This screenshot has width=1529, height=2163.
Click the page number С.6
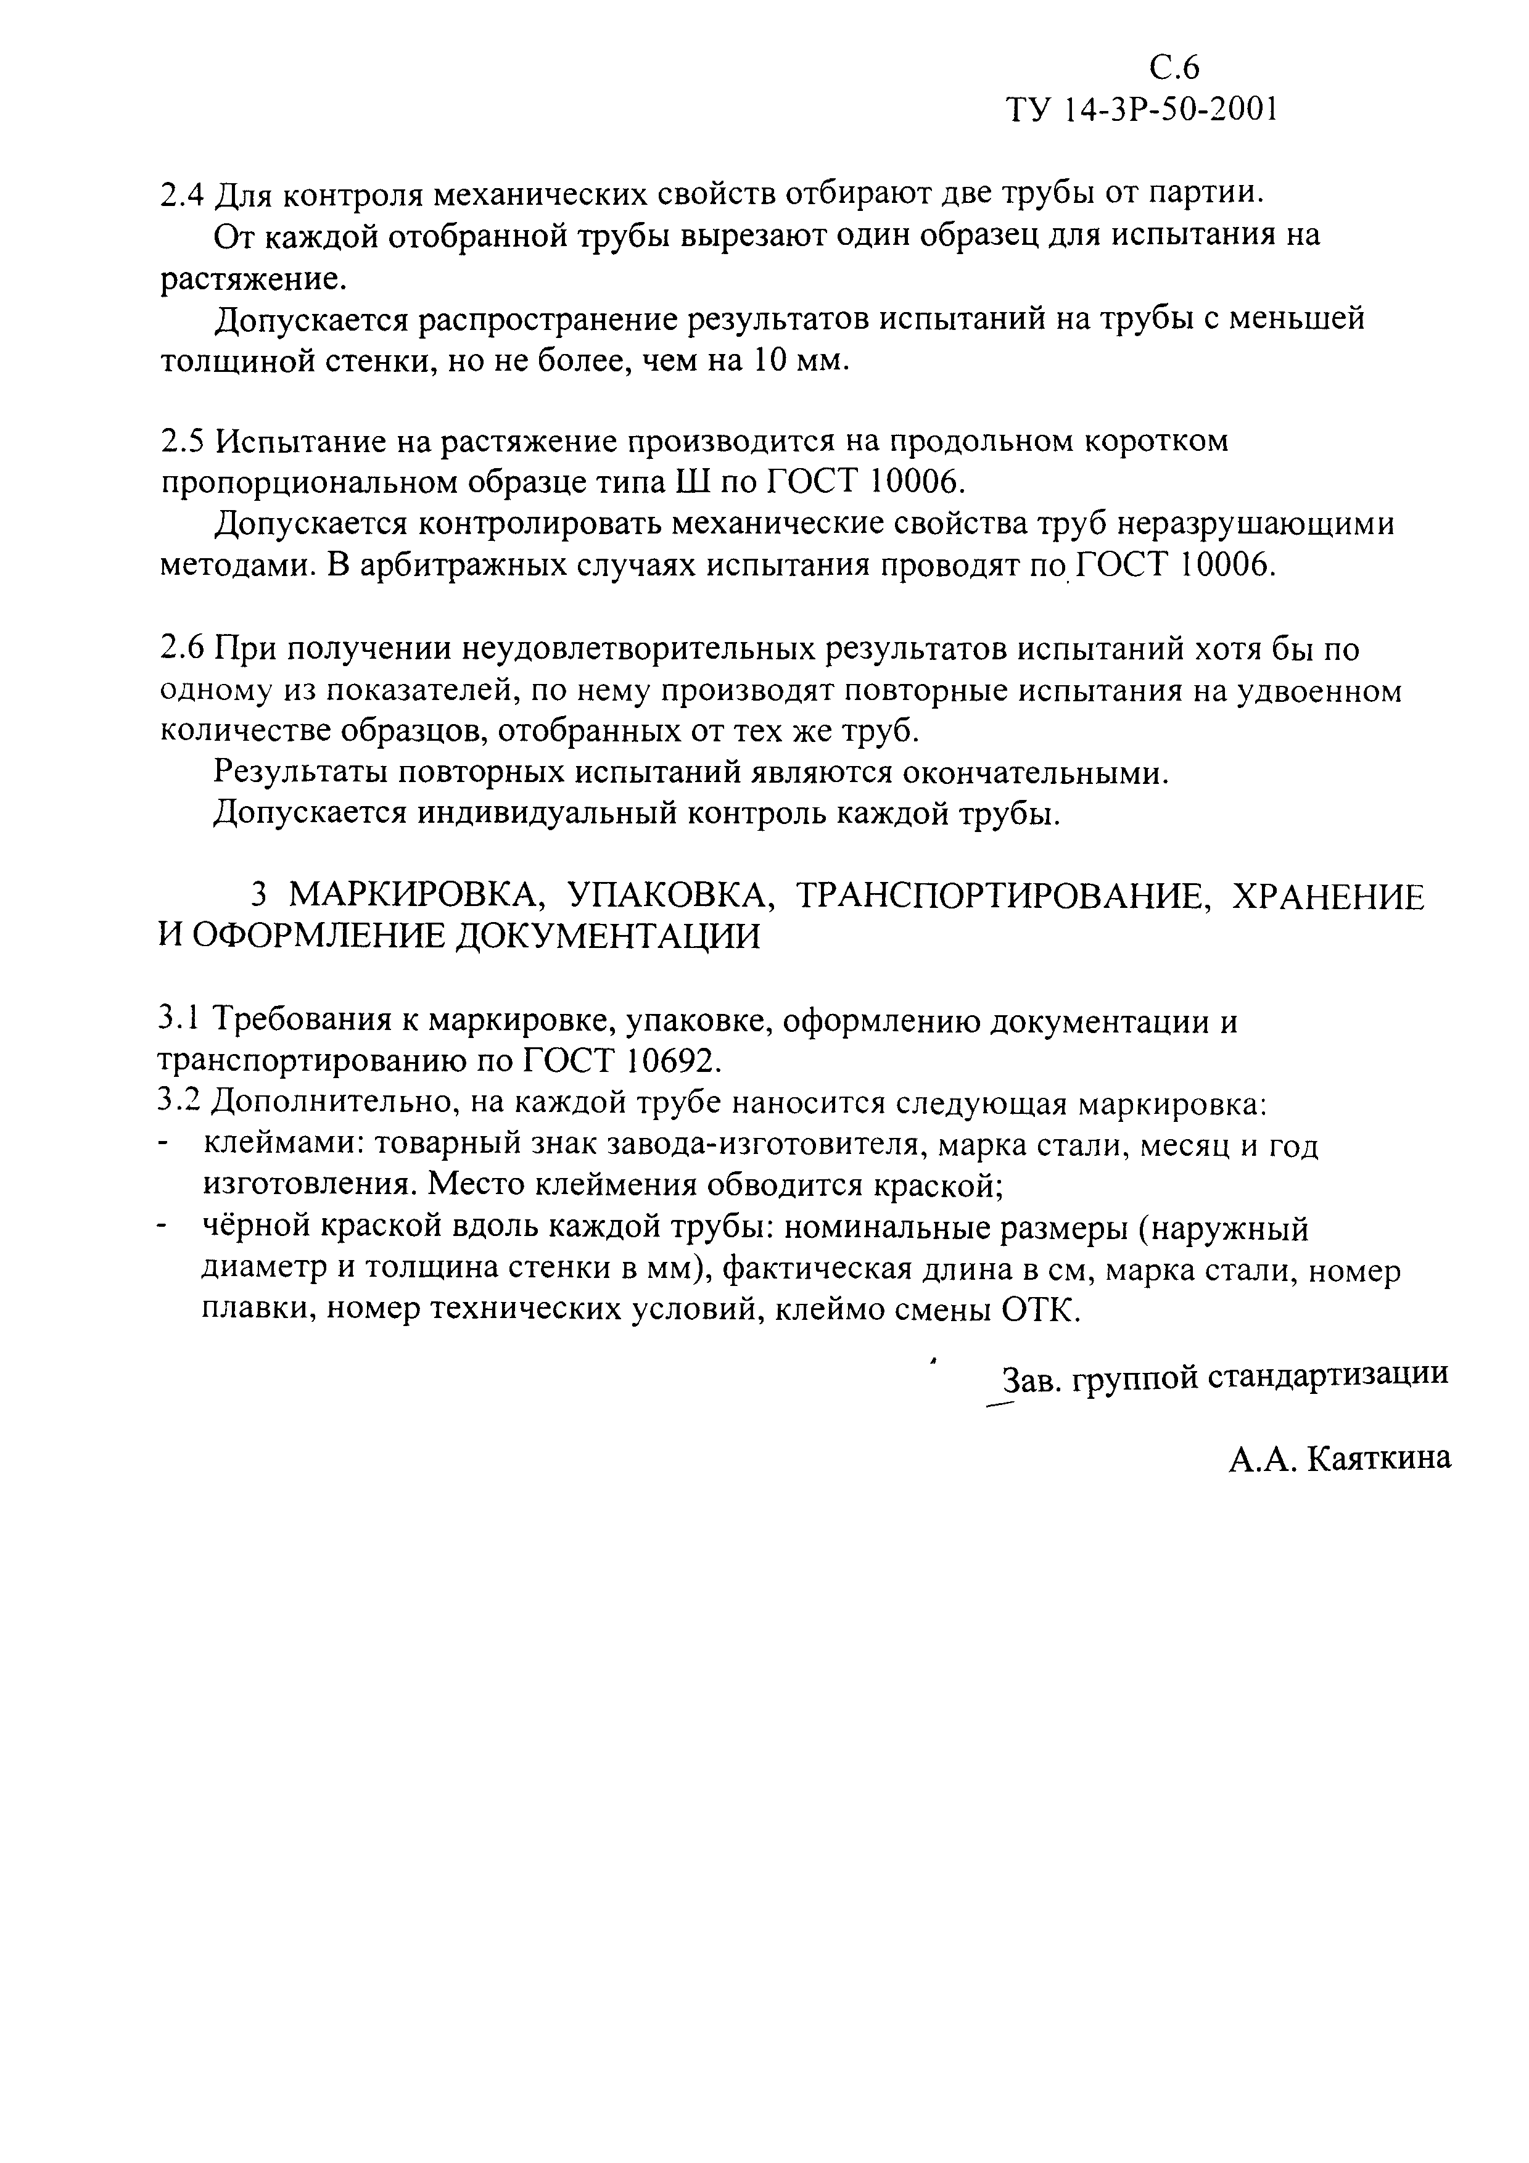1175,68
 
